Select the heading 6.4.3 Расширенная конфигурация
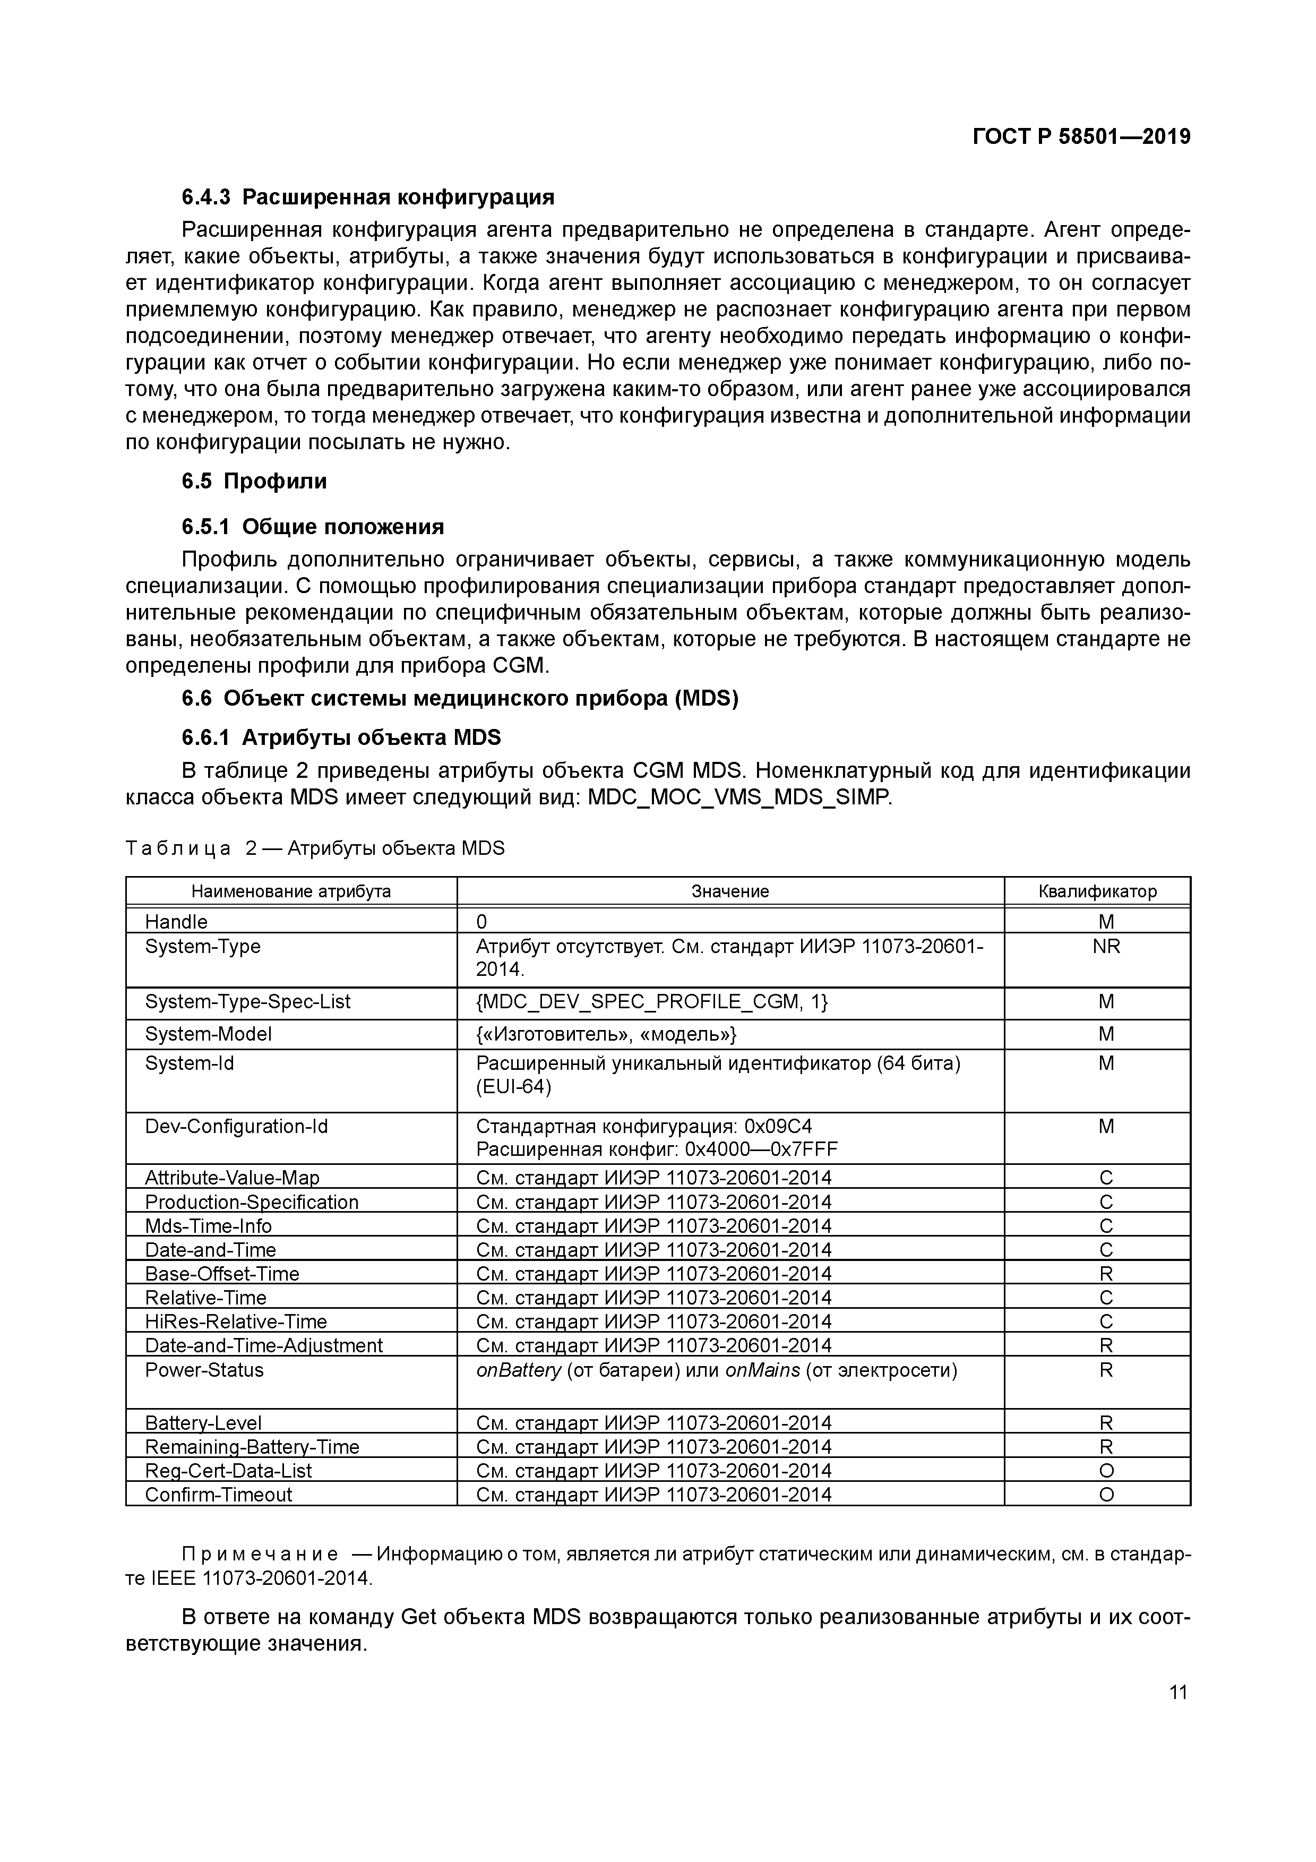click(x=368, y=197)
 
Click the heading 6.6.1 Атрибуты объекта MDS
click(x=341, y=737)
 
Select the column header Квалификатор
click(x=1097, y=891)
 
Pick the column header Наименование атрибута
click(x=290, y=891)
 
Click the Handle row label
click(x=176, y=922)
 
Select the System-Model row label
click(x=209, y=1034)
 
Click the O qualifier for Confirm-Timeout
click(x=1105, y=1495)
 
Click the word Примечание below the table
click(x=260, y=1555)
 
